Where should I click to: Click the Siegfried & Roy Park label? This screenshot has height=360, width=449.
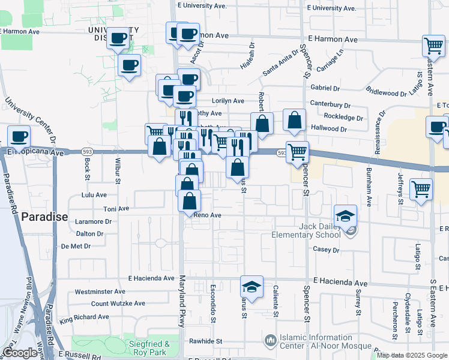tap(150, 348)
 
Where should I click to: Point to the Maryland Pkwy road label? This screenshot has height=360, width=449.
tap(182, 301)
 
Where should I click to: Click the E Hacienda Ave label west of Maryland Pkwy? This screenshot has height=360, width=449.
tap(151, 279)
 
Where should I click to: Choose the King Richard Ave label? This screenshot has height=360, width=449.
tap(85, 316)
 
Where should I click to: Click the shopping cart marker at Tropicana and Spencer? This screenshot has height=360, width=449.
tap(297, 152)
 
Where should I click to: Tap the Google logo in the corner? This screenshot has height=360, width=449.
tap(20, 353)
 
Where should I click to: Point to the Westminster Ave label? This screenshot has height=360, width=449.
tap(100, 292)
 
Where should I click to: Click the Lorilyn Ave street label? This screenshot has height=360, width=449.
tap(228, 101)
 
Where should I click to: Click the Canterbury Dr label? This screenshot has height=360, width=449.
tap(330, 104)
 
